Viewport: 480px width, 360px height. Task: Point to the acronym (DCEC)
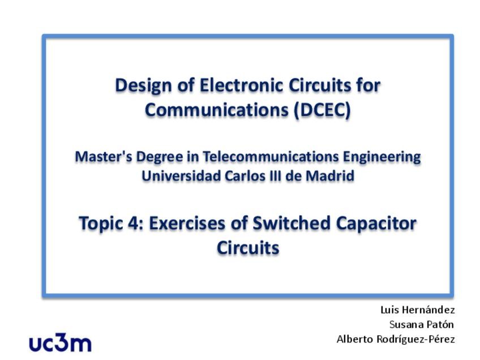[x=322, y=110]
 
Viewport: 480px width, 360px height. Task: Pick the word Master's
[x=104, y=156]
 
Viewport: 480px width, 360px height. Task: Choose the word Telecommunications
[x=271, y=156]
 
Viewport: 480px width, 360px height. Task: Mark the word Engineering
[x=382, y=157]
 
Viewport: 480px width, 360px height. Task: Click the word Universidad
[x=181, y=176]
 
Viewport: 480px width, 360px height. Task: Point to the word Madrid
[x=330, y=176]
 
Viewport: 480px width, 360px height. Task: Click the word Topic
[x=100, y=224]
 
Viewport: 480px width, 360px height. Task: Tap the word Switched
[x=292, y=223]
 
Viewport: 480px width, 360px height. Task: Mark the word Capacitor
[x=376, y=224]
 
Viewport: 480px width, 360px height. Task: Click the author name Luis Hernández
[x=418, y=310]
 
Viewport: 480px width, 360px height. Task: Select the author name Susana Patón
[x=422, y=324]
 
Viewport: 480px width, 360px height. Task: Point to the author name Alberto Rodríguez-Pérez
[x=396, y=339]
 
